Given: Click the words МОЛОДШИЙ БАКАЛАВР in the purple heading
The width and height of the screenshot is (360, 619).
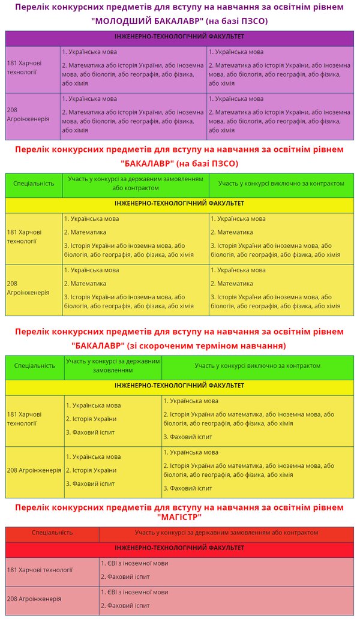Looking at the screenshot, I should pyautogui.click(x=151, y=20).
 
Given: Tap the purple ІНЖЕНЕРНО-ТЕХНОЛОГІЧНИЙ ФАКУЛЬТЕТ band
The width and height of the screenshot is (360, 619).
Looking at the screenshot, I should pyautogui.click(x=179, y=37).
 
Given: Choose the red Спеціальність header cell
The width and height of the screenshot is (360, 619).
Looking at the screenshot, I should pyautogui.click(x=52, y=532).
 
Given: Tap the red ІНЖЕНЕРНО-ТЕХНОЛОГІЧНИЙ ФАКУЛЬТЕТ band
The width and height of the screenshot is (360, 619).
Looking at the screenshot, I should pyautogui.click(x=179, y=548).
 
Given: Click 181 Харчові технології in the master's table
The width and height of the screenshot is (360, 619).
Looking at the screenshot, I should pyautogui.click(x=40, y=570).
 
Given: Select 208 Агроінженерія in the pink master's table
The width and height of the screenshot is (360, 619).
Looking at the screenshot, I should pyautogui.click(x=34, y=599).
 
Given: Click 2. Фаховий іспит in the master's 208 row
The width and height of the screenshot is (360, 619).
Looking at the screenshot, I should pyautogui.click(x=128, y=605).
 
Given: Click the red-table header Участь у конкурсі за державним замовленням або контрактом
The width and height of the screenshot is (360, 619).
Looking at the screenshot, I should pyautogui.click(x=226, y=532).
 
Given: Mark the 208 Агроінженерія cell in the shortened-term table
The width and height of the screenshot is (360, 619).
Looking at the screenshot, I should pyautogui.click(x=34, y=470).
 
